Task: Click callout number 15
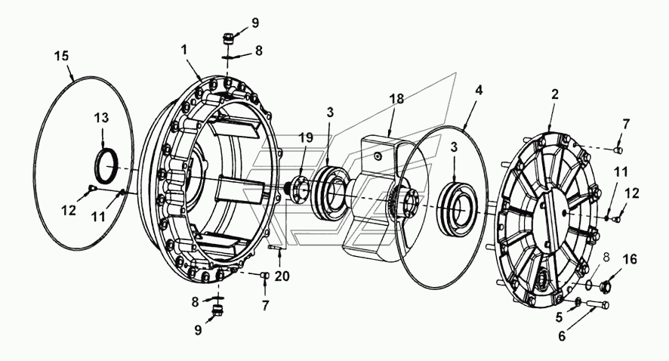[x=63, y=57]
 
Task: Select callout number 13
[x=100, y=118]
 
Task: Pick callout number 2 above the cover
[x=555, y=95]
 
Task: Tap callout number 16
[x=628, y=260]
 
